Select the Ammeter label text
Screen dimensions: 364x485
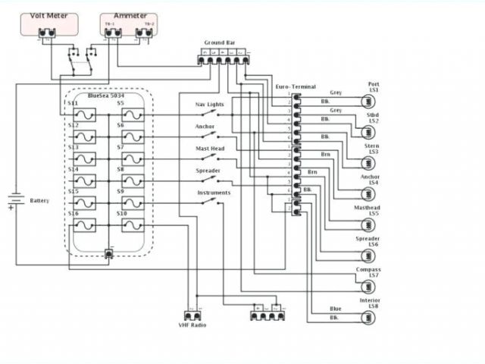(x=130, y=15)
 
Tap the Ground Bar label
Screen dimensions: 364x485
(x=219, y=43)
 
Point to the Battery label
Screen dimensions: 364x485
(x=39, y=201)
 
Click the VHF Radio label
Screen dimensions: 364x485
(x=192, y=325)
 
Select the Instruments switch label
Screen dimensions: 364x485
(x=214, y=193)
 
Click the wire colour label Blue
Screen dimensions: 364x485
(x=335, y=309)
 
